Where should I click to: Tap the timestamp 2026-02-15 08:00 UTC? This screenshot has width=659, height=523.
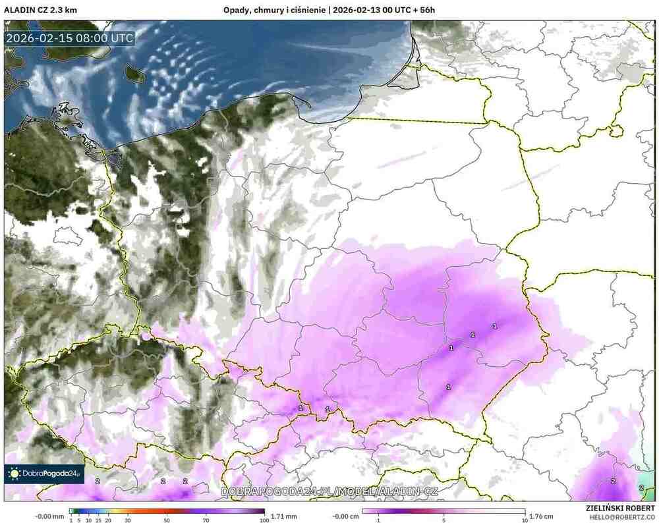[x=70, y=38]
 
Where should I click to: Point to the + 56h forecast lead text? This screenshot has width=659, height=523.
[x=426, y=10]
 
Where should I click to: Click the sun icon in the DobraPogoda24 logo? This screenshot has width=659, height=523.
[x=14, y=473]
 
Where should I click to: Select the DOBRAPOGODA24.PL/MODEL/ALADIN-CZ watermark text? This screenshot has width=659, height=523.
[x=329, y=491]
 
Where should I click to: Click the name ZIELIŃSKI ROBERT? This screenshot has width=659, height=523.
[x=619, y=509]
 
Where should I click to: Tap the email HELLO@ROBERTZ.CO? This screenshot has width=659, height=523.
[x=619, y=517]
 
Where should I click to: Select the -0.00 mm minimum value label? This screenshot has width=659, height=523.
[x=50, y=516]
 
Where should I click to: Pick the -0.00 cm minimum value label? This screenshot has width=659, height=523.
[x=343, y=516]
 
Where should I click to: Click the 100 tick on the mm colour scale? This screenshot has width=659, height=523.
[x=264, y=520]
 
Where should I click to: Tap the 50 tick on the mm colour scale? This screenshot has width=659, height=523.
[x=167, y=520]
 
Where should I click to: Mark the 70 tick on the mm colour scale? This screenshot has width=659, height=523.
[x=206, y=520]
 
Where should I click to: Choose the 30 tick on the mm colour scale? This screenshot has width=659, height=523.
[x=128, y=520]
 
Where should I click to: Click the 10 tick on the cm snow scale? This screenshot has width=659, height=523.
[x=525, y=520]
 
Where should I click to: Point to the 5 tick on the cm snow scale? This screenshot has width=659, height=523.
[x=444, y=520]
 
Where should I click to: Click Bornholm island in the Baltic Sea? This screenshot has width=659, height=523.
[x=134, y=74]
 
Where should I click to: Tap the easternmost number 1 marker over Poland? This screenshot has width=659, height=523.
[x=495, y=326]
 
